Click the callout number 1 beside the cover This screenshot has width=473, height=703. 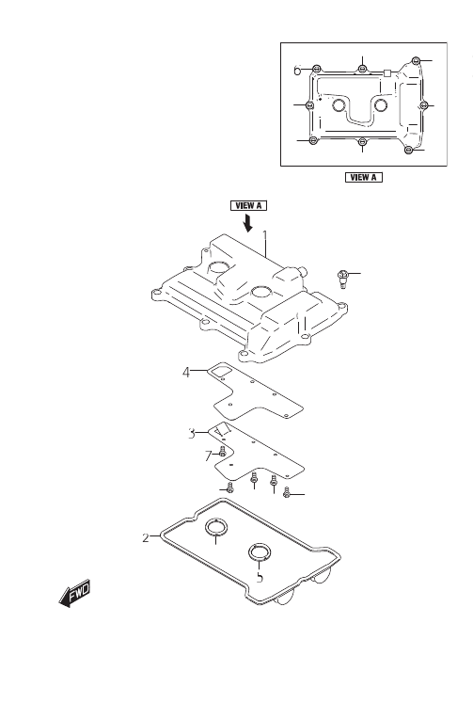point(265,236)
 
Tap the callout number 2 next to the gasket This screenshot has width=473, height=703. point(146,537)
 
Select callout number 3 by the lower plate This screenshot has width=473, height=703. point(192,434)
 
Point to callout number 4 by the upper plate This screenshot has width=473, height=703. point(186,372)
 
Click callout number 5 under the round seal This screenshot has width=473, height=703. point(260,578)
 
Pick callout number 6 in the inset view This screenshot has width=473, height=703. point(297,70)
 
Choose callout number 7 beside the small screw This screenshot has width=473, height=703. point(208,456)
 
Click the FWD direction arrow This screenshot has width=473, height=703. point(75,594)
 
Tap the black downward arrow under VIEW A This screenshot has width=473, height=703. point(246,223)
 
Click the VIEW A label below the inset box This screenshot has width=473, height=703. point(364,177)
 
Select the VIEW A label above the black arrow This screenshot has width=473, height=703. point(248,206)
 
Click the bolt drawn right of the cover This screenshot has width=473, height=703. point(342,279)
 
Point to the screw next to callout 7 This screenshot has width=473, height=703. point(222,452)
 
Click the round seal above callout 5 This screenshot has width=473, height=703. point(260,552)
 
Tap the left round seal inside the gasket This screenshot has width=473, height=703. point(216,527)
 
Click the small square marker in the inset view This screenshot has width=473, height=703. point(387,72)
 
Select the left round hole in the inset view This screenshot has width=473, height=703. point(339,105)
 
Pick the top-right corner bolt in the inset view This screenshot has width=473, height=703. point(417,60)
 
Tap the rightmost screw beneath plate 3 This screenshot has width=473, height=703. point(287,493)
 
